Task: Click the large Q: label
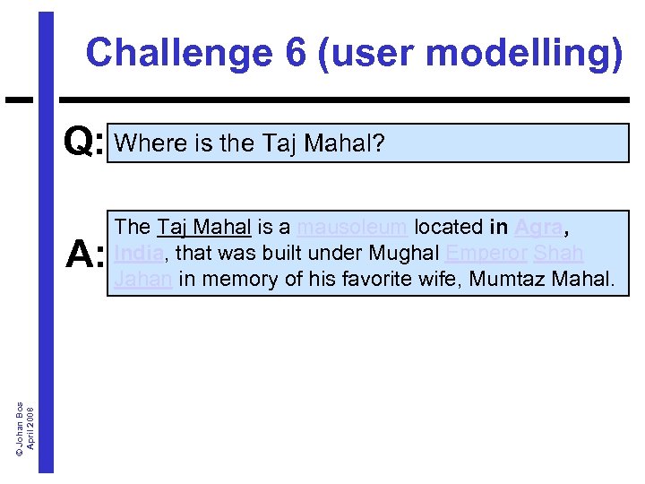[x=84, y=142]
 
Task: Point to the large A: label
[x=86, y=255]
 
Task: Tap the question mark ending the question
[x=378, y=143]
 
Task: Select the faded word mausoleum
[x=352, y=228]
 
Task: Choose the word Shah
[x=559, y=254]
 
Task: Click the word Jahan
[x=143, y=280]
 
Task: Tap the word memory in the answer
[x=239, y=280]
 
